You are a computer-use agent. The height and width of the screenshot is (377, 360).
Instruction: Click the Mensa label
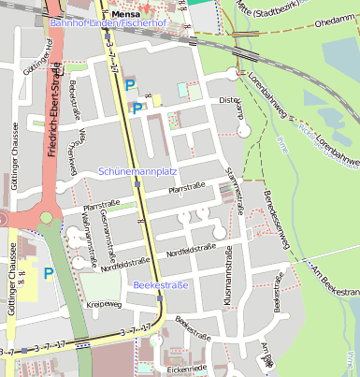click(124, 15)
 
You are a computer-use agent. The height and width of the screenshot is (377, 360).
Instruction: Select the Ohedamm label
click(337, 26)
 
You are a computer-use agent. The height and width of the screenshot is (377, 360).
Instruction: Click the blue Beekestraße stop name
click(161, 284)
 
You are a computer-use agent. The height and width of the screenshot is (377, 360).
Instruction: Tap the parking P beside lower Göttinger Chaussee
click(47, 274)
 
